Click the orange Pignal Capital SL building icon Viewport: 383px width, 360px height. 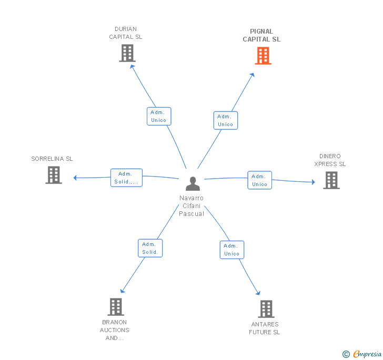tap(263, 55)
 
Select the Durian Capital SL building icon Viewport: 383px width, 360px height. tap(127, 53)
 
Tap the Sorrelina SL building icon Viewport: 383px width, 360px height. tap(54, 175)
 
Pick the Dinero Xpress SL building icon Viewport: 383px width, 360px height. tap(331, 180)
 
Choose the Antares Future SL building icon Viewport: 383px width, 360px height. tap(266, 309)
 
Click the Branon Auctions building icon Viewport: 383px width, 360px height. tap(115, 307)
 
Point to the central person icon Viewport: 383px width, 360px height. tap(193, 184)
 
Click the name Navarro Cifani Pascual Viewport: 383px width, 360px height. tap(191, 206)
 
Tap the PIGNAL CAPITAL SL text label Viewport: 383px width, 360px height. tap(261, 35)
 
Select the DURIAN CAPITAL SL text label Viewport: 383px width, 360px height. tap(126, 33)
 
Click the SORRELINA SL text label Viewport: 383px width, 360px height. tap(52, 159)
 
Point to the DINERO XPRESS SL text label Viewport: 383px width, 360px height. tap(330, 160)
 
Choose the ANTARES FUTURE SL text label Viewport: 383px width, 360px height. tap(265, 328)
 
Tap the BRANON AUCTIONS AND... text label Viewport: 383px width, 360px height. tap(115, 330)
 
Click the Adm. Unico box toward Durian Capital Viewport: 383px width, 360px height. tap(158, 116)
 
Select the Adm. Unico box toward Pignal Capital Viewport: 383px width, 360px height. tap(225, 120)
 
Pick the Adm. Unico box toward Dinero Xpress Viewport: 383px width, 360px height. tap(259, 180)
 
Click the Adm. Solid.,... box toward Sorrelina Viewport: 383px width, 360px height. tap(126, 178)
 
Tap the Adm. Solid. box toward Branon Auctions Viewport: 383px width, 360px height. tap(150, 248)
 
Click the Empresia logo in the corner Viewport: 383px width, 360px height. tap(362, 354)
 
